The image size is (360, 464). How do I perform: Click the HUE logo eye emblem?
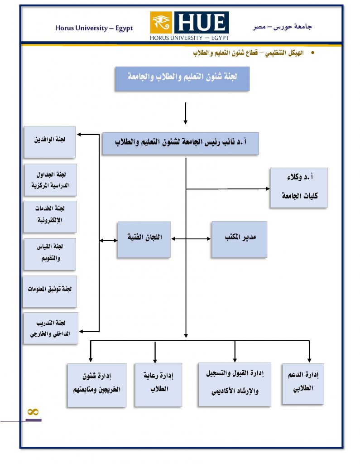[161, 22]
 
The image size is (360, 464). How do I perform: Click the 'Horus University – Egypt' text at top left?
[94, 28]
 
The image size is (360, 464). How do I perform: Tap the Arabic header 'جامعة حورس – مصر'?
[283, 27]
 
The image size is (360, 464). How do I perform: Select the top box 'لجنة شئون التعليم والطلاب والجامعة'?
[182, 78]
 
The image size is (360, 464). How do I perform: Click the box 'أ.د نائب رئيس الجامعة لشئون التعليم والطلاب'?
[180, 143]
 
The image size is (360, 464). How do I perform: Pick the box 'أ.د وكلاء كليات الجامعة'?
[298, 188]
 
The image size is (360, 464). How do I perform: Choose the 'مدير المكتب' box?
[239, 239]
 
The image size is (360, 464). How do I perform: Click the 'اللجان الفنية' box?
[144, 239]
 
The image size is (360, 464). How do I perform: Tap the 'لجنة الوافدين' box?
[50, 141]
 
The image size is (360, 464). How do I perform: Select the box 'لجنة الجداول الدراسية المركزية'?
[50, 179]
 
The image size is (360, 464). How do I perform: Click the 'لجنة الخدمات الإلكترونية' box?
[50, 216]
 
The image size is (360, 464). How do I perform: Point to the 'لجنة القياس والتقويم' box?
[50, 254]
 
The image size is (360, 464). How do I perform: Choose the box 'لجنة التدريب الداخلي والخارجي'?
[51, 328]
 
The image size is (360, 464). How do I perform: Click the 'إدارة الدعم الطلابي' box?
[303, 383]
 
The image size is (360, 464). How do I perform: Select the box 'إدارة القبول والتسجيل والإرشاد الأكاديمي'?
[234, 384]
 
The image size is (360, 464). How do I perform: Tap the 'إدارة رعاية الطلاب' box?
[158, 384]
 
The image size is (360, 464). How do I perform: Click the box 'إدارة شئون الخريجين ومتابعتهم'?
[96, 384]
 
